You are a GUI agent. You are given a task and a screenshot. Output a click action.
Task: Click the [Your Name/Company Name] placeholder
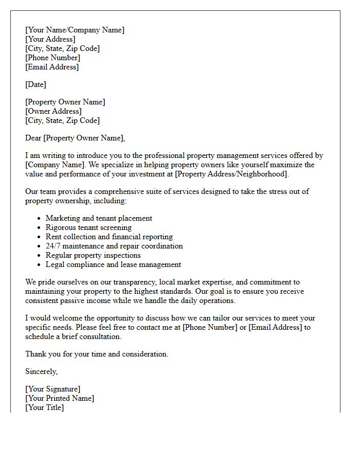tap(75, 30)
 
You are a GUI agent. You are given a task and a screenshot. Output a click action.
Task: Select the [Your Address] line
tap(50, 39)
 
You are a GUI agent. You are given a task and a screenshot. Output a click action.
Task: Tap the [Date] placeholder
tap(35, 84)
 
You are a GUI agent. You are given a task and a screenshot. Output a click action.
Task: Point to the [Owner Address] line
tap(53, 111)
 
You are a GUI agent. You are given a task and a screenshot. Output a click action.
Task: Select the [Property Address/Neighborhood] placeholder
tap(232, 174)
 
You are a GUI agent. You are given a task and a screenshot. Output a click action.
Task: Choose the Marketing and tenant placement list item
tap(99, 218)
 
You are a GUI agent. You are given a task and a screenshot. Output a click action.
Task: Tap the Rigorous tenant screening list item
tap(88, 227)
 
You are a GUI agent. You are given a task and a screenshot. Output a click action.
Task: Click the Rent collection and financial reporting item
tap(109, 237)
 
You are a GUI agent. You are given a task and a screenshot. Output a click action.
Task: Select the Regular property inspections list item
tap(93, 255)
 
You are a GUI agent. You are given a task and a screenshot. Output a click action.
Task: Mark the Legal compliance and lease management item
tap(113, 264)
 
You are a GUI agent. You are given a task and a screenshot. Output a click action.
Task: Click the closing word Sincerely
tap(41, 371)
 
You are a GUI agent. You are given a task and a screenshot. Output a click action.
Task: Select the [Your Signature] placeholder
tap(52, 389)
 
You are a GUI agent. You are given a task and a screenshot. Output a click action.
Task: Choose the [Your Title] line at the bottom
tap(44, 407)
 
